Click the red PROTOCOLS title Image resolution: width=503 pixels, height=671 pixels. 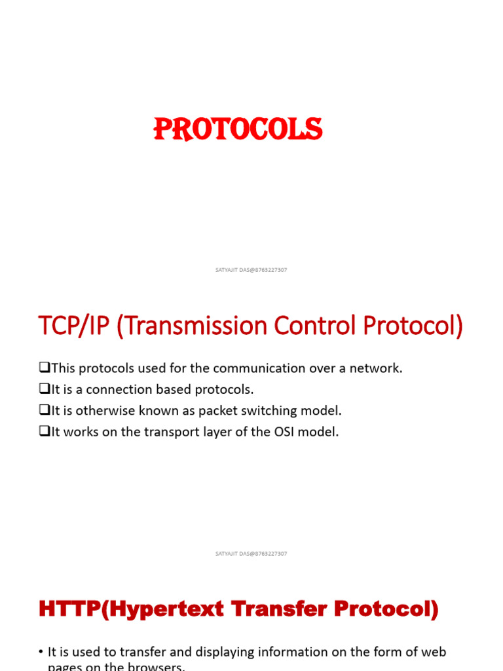[238, 130]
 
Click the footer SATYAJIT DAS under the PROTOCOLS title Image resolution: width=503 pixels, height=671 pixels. [251, 270]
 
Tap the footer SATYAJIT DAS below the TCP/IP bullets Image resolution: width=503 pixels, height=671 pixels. [251, 554]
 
